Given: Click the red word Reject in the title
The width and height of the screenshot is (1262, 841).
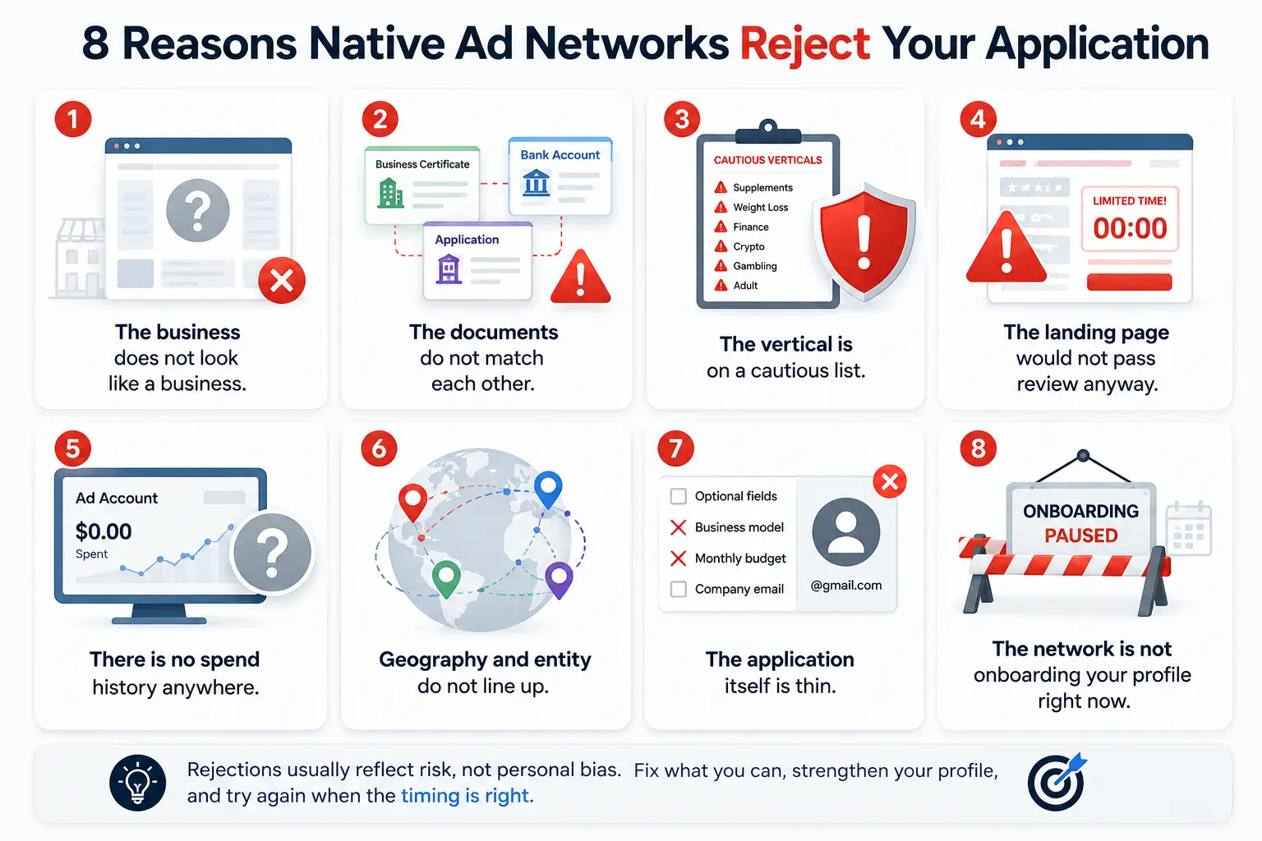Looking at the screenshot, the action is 805,44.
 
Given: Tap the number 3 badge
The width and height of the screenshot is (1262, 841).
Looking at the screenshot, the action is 682,119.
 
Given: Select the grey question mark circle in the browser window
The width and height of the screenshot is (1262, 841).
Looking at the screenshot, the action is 198,211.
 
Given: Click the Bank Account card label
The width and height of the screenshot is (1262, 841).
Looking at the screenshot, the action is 560,155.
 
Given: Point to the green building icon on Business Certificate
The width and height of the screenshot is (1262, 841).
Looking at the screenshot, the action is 390,193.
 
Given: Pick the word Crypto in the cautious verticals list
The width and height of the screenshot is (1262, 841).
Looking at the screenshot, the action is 748,246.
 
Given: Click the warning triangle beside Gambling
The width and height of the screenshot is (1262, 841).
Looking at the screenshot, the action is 721,266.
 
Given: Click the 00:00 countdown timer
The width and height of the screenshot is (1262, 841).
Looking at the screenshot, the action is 1131,228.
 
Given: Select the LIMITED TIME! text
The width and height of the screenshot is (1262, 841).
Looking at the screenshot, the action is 1130,201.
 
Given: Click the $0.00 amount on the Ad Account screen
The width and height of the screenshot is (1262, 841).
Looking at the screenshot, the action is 104,531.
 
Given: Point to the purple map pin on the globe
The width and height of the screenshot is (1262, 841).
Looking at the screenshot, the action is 560,579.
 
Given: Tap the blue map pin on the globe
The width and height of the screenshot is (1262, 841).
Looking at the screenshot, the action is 548,489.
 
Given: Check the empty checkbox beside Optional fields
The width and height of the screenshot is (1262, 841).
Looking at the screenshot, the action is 679,496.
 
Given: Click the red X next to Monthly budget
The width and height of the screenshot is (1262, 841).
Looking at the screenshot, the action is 679,558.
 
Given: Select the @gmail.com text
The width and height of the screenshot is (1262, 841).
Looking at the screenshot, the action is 846,586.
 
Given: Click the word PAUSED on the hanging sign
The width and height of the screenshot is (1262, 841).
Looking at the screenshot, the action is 1081,535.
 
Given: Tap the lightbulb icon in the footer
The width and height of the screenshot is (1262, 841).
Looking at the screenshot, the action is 137,783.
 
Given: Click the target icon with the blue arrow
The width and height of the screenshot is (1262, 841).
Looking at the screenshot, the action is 1057,782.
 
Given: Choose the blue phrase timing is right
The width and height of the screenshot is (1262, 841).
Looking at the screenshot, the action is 465,796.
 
